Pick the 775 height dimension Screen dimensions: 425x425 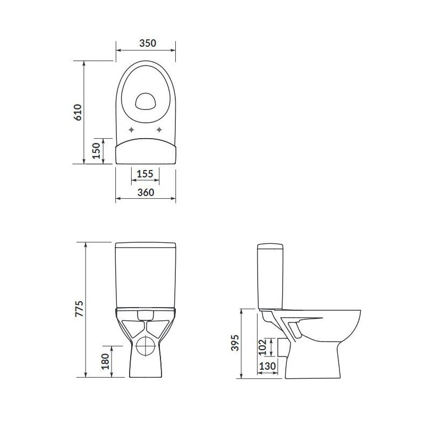click(x=79, y=309)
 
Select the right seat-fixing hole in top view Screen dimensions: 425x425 click(x=160, y=130)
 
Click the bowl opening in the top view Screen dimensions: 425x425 click(x=145, y=100)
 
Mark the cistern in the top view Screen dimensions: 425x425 click(x=145, y=151)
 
